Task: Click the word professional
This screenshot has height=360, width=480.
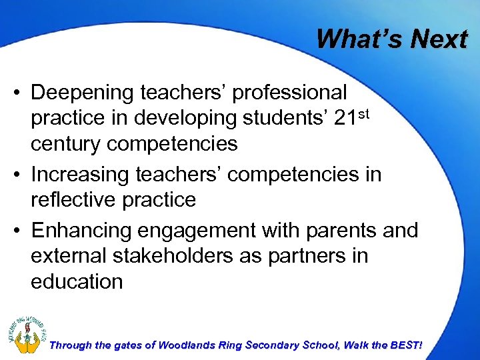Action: [x=289, y=92]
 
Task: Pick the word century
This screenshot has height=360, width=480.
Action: [x=73, y=143]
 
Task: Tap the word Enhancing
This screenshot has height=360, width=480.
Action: [x=81, y=230]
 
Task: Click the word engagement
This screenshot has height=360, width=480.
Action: [x=197, y=230]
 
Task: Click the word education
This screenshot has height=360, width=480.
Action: [x=77, y=281]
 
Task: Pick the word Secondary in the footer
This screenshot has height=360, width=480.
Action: [x=274, y=345]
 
